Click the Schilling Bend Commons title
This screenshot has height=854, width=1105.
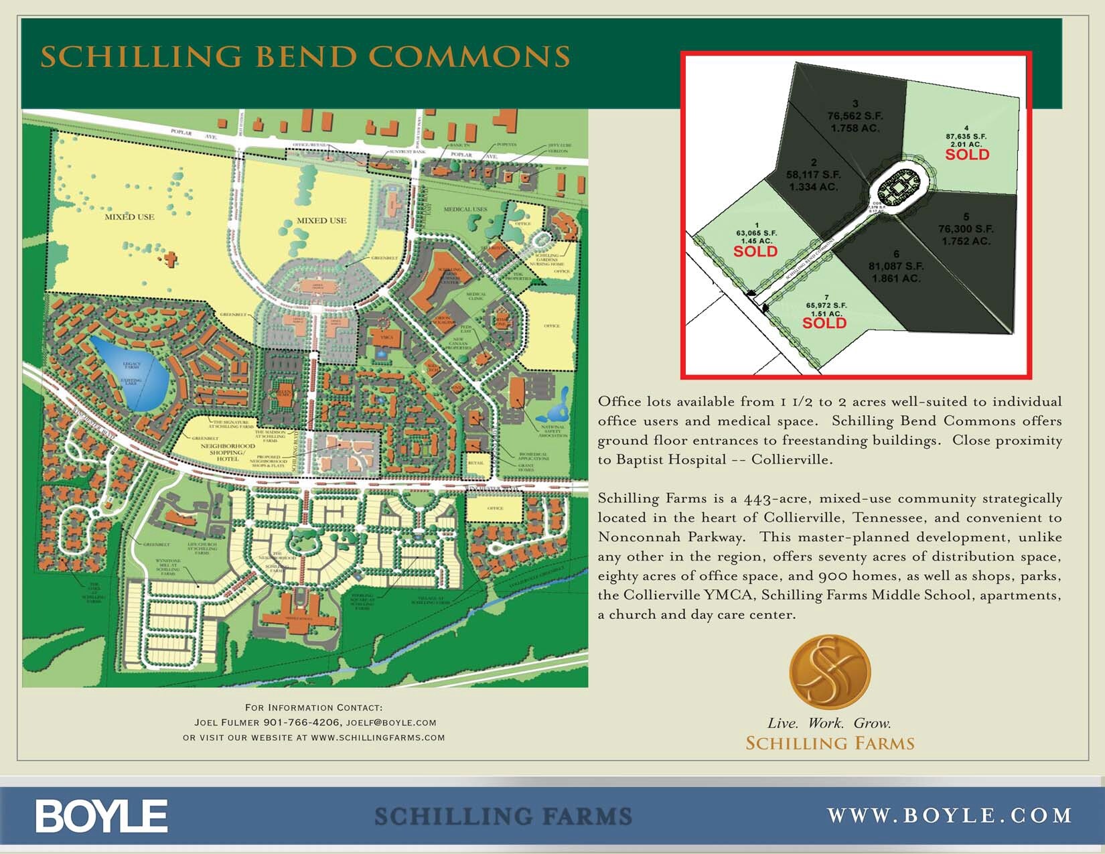[x=305, y=56]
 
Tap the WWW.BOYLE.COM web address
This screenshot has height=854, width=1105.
[x=950, y=815]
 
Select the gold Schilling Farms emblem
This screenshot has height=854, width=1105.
[x=830, y=672]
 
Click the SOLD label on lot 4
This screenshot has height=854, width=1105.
[x=967, y=155]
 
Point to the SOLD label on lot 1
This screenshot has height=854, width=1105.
[x=755, y=252]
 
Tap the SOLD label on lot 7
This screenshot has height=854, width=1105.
[x=824, y=324]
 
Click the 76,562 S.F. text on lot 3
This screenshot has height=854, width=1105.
[x=855, y=116]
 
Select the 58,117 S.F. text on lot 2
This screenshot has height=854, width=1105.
[x=813, y=175]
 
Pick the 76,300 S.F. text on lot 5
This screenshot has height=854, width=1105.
[x=966, y=229]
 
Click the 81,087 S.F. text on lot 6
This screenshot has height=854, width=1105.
[x=896, y=266]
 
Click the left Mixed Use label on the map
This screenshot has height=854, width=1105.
[x=129, y=217]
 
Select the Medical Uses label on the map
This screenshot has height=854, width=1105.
[x=465, y=210]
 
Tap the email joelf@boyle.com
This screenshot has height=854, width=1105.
[x=391, y=723]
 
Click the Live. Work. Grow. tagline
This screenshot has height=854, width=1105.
[x=829, y=723]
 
